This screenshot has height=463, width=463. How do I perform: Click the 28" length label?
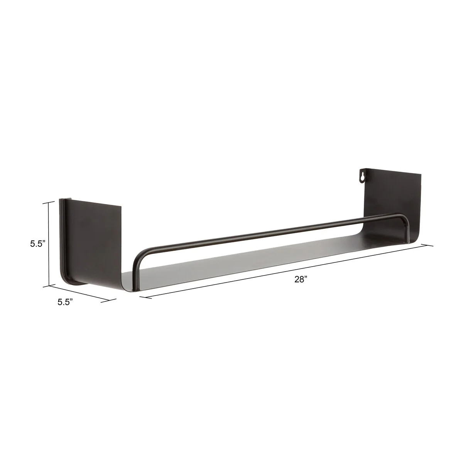[x=301, y=279]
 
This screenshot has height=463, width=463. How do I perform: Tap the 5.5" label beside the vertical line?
[x=38, y=243]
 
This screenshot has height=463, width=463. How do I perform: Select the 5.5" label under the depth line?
[x=65, y=302]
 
